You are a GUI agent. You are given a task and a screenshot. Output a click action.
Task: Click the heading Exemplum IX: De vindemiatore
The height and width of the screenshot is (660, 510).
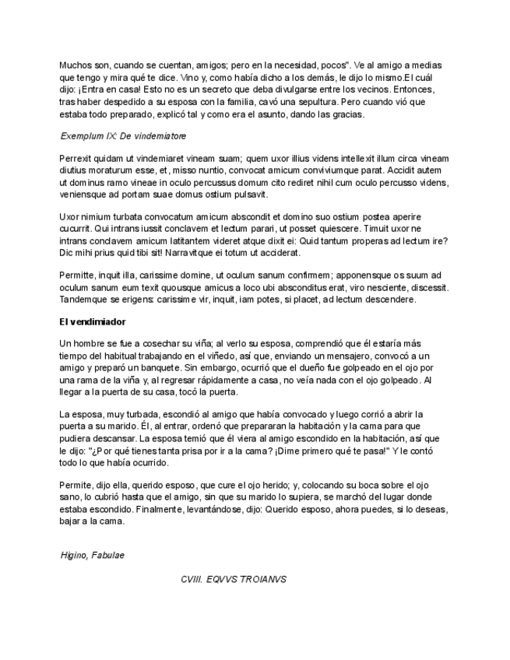(x=122, y=135)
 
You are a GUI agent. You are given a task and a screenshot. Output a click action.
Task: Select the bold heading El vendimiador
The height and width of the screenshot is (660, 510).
(x=93, y=321)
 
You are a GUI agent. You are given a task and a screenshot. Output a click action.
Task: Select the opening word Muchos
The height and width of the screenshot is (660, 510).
(x=76, y=65)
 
